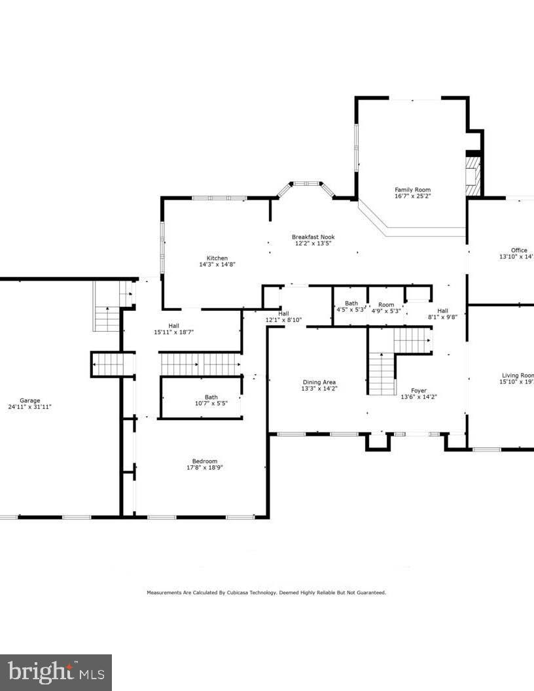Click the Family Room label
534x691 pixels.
coord(413,190)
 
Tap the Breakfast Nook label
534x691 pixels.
coord(313,237)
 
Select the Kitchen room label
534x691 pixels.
coord(217,258)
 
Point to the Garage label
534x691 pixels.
coord(29,400)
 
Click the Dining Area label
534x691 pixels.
coord(319,382)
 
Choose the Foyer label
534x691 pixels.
coord(418,390)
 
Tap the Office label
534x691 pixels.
coord(519,250)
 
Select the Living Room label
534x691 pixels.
coord(518,375)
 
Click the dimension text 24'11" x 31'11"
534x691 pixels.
coord(29,407)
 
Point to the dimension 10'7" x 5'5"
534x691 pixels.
coord(211,404)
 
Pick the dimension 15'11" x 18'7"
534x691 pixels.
coord(173,332)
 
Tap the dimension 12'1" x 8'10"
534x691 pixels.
coord(283,320)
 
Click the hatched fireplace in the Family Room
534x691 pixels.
coord(473,175)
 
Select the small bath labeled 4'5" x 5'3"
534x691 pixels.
coord(351,307)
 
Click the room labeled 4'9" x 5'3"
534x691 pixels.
coord(386,308)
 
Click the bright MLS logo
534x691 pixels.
coord(56,672)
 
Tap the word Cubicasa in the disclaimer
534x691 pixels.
coord(240,592)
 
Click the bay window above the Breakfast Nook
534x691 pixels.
coord(306,185)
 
